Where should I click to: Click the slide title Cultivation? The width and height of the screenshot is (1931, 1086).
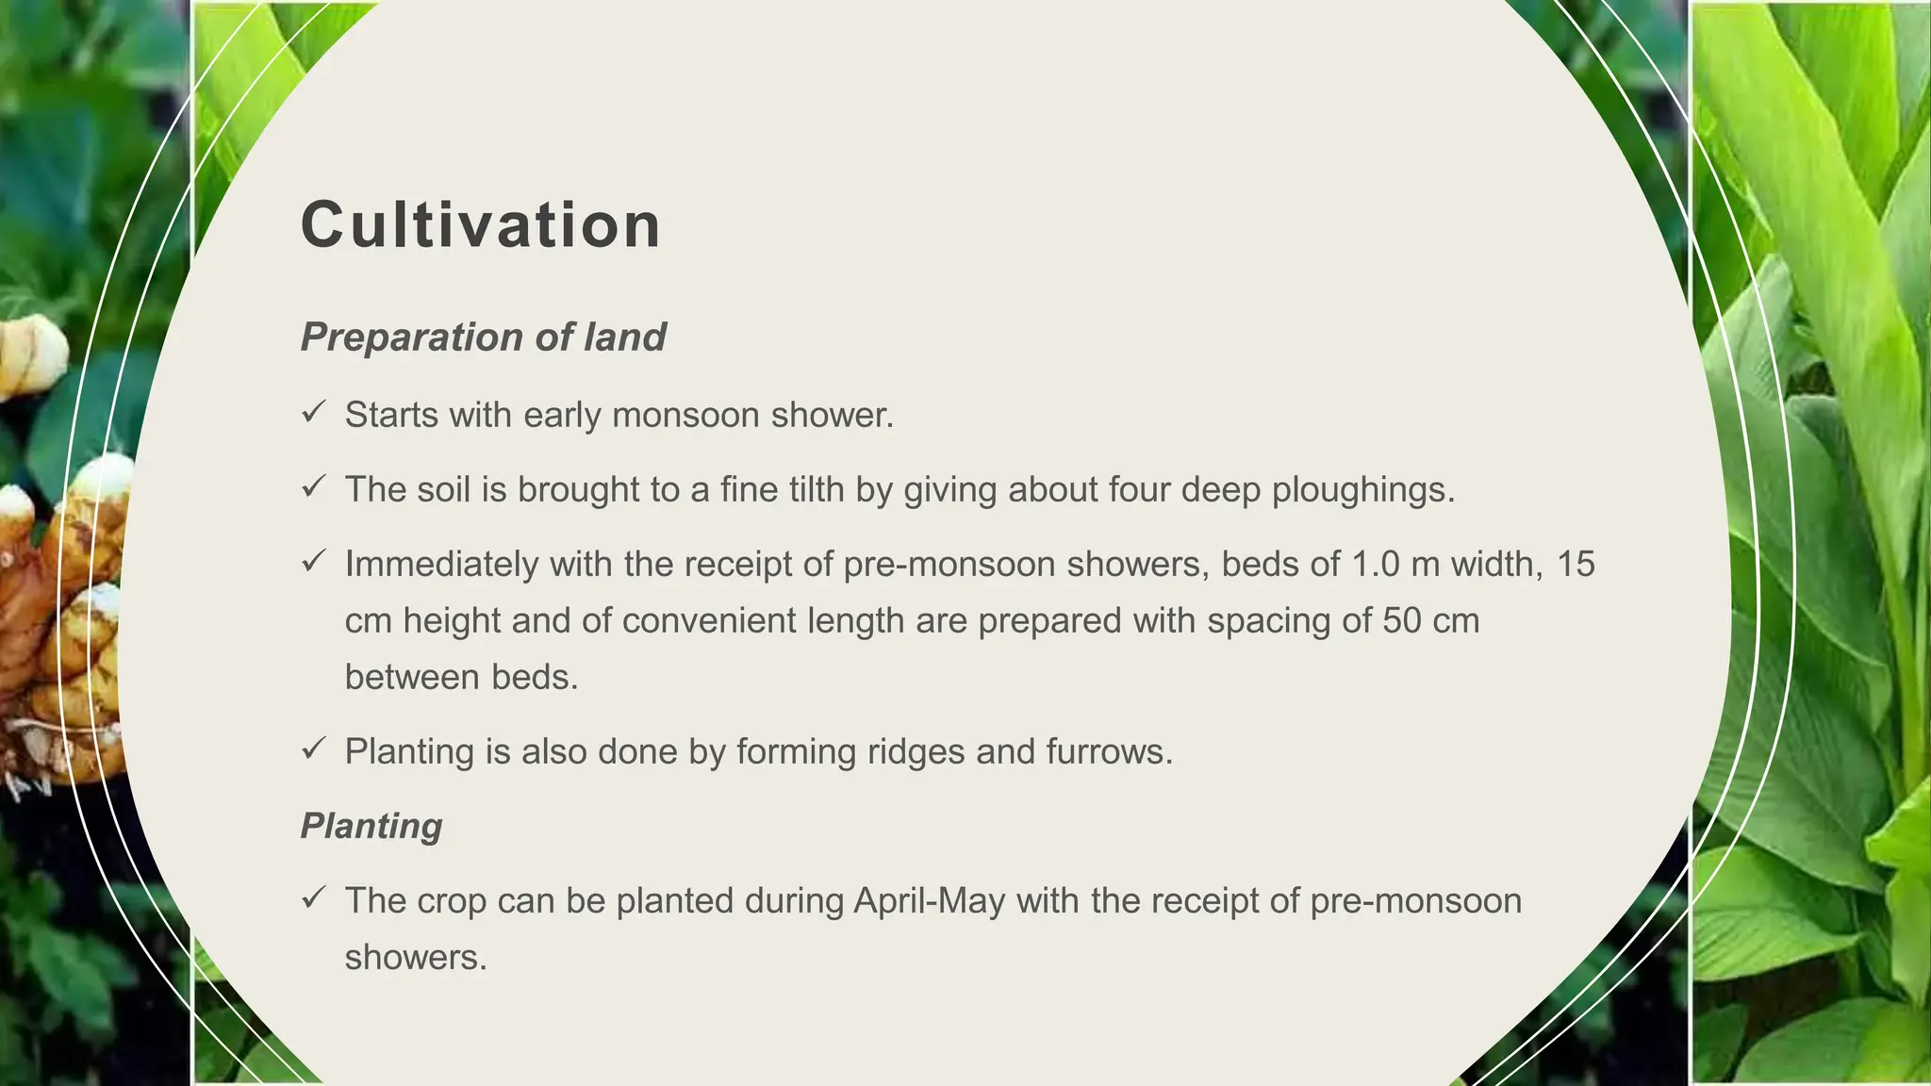tap(481, 225)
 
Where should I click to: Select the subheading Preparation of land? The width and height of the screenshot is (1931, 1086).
tap(483, 337)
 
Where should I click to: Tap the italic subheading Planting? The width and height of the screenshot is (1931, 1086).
tap(371, 826)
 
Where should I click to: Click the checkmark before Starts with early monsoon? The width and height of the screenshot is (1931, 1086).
tap(313, 412)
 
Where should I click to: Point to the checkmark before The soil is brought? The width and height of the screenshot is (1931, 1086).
tap(313, 486)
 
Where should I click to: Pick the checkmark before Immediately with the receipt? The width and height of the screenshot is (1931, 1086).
tap(313, 561)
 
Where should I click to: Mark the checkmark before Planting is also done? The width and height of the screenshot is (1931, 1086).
tap(313, 749)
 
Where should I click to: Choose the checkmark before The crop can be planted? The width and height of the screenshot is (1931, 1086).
tap(313, 897)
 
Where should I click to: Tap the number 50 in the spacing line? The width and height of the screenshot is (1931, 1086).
tap(1402, 620)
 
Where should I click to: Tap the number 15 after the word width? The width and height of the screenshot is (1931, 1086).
tap(1576, 564)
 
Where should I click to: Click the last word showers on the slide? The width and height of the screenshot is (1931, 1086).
tap(416, 958)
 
